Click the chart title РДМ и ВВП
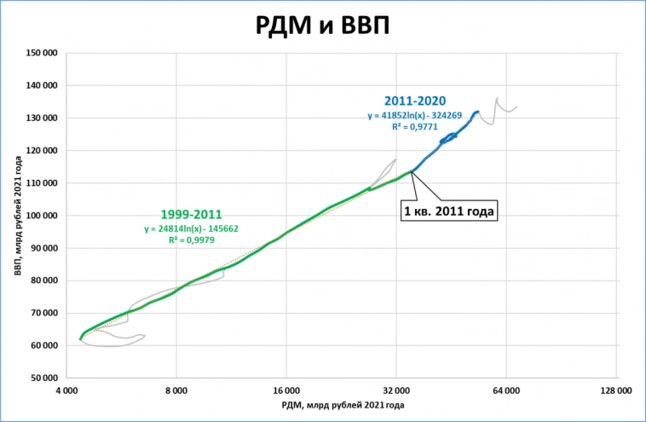(322, 25)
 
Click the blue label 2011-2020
(414, 101)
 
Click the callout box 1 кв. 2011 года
(447, 209)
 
